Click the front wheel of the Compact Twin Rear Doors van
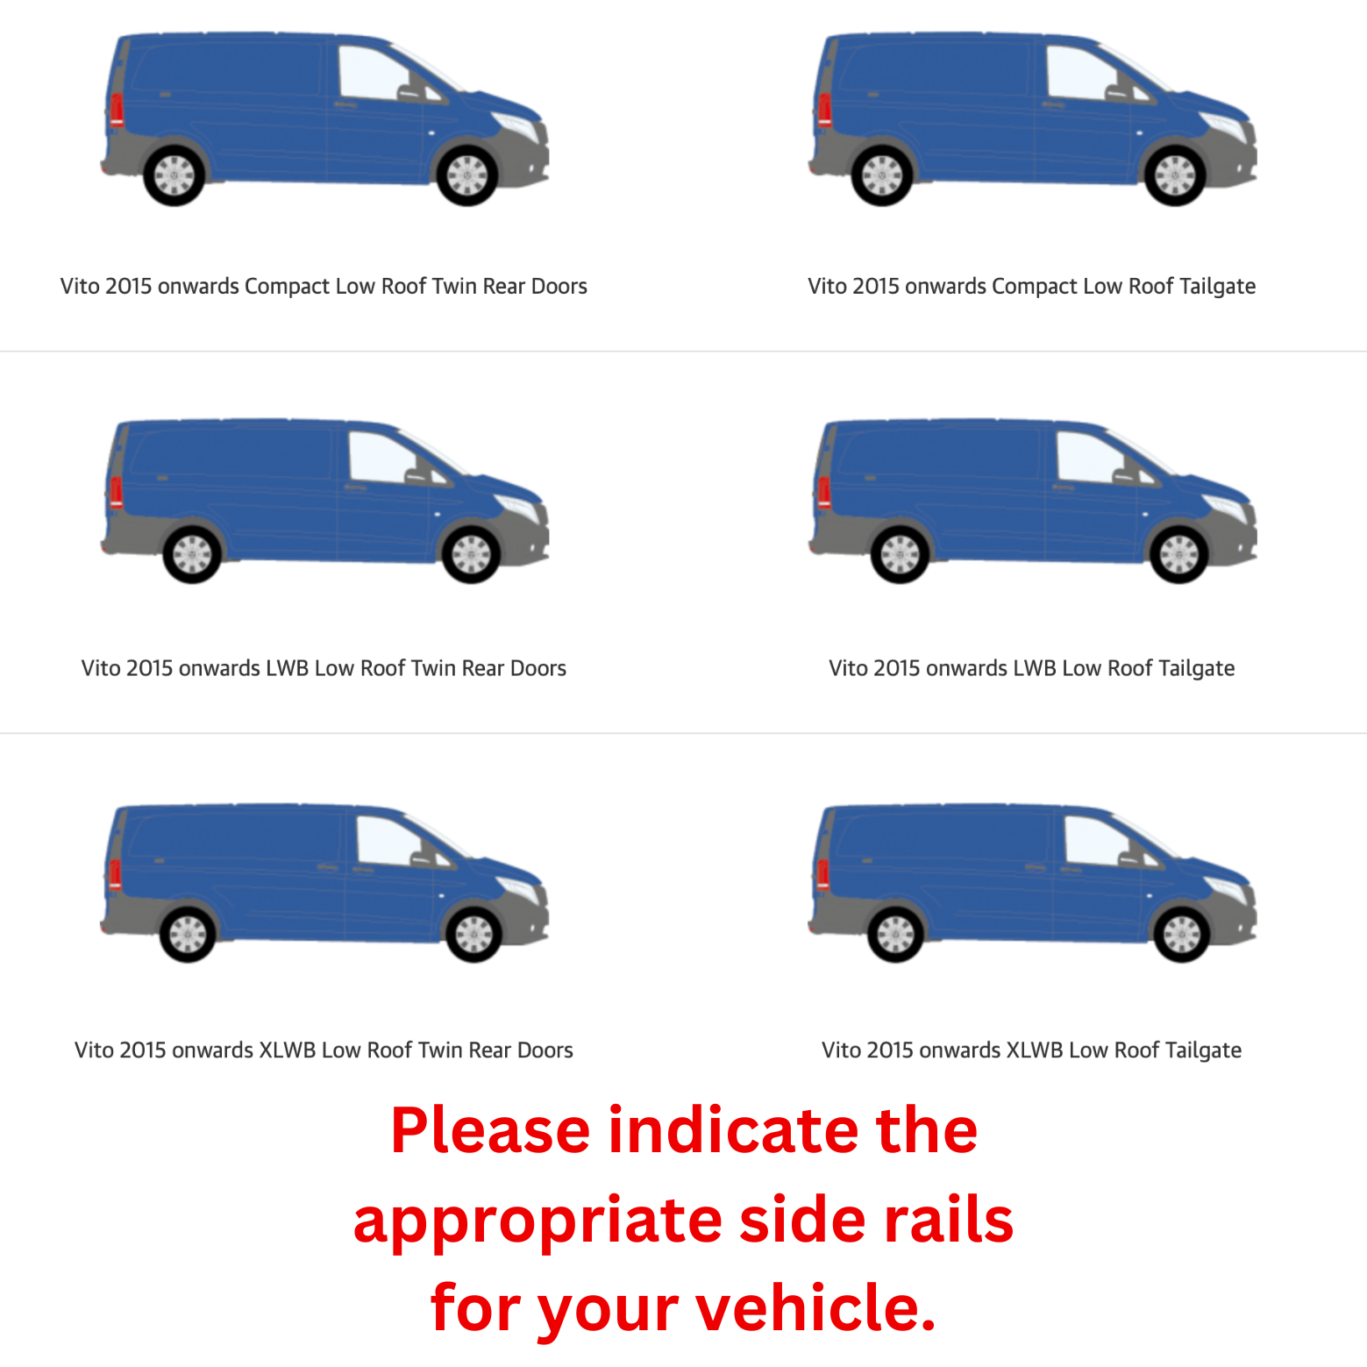click(x=467, y=175)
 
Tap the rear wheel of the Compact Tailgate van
click(x=882, y=175)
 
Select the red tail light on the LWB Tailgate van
click(x=824, y=492)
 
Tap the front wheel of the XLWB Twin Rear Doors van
click(x=473, y=934)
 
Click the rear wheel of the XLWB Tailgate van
click(x=895, y=934)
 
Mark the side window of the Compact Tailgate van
click(x=1081, y=72)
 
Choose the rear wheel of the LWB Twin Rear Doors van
click(x=192, y=554)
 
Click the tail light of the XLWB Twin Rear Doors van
click(x=115, y=874)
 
